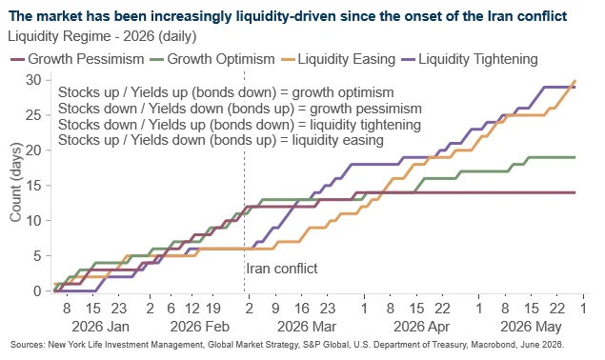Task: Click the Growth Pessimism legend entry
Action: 77,59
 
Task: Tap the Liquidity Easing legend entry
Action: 338,59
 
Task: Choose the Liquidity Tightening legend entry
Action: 469,59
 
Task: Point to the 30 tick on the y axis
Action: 33,80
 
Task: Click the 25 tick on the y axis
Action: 33,115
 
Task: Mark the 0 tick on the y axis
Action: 37,290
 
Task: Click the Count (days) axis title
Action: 15,182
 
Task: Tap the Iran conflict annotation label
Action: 282,269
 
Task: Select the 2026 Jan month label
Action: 100,327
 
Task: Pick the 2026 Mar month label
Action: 307,327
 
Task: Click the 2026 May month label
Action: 531,327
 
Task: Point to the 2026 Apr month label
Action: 421,327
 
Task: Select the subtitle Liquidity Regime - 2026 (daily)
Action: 102,36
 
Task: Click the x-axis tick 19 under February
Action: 212,309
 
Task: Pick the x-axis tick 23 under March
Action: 328,309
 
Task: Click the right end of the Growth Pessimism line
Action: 575,192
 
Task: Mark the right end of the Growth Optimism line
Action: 575,157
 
